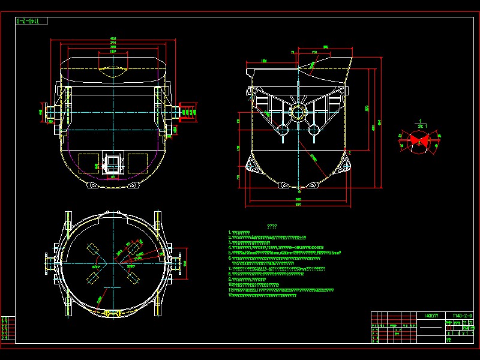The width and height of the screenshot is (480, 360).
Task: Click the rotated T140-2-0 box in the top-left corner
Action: [x=31, y=22]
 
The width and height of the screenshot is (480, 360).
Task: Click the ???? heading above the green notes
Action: [x=272, y=227]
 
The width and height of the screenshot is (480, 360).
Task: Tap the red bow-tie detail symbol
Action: [x=420, y=139]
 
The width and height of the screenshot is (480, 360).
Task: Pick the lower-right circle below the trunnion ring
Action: [x=313, y=129]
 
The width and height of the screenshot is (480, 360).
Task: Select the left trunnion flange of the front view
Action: [x=44, y=112]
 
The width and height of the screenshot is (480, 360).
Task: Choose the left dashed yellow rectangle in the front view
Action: [x=88, y=163]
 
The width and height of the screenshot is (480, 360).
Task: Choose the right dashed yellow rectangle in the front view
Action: [x=137, y=163]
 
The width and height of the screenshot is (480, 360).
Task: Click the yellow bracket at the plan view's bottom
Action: [x=112, y=313]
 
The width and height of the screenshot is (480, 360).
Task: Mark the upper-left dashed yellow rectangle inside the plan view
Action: [x=92, y=250]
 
